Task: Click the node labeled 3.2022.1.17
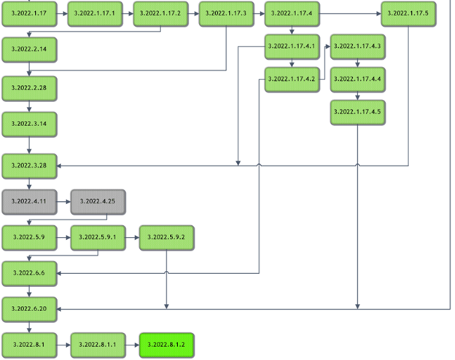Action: point(29,13)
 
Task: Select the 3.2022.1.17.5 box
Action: point(408,13)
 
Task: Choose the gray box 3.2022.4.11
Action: point(29,200)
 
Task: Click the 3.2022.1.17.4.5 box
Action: point(357,111)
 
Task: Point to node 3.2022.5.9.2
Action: point(167,238)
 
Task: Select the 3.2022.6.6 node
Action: point(29,273)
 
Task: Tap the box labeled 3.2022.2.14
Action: point(29,49)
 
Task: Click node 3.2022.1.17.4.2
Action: point(292,78)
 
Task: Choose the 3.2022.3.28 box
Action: point(29,165)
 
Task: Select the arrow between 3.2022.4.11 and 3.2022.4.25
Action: point(63,200)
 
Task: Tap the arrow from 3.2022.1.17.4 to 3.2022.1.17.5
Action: point(350,13)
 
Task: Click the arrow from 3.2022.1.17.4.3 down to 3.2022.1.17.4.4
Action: point(357,63)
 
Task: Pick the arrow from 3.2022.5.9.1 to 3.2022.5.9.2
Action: point(133,238)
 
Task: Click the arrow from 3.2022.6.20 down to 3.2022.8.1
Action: point(29,326)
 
